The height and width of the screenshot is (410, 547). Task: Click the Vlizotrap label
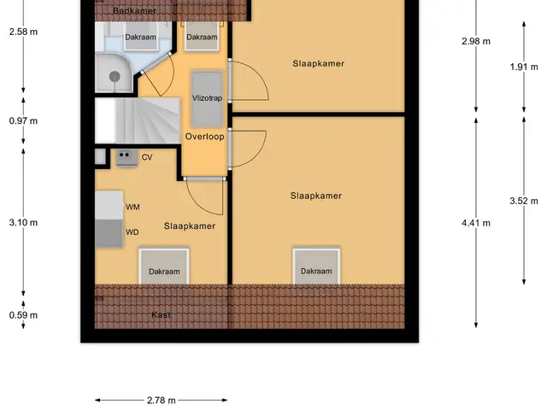pos(207,98)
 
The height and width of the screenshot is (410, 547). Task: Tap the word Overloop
pos(204,137)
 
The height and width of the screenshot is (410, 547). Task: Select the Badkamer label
pos(134,11)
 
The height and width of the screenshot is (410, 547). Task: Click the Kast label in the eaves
pos(162,315)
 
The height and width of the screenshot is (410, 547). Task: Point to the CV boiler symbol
pos(126,158)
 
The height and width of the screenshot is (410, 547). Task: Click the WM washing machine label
pos(132,207)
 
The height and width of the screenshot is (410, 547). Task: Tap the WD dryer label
pos(132,232)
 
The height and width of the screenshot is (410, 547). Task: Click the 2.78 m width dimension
pos(162,401)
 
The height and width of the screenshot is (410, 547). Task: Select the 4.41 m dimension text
pos(476,223)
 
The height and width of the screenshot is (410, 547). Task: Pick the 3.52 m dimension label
pos(524,201)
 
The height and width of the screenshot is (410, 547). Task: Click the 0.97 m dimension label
pos(23,121)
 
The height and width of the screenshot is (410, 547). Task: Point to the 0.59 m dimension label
pos(23,315)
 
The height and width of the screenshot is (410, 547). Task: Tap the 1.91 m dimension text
pos(524,67)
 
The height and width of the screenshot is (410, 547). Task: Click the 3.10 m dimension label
pos(23,222)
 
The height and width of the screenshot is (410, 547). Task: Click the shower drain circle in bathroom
pos(115,76)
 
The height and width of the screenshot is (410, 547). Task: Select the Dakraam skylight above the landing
pos(202,37)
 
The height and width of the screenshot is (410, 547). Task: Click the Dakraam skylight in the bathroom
pos(140,37)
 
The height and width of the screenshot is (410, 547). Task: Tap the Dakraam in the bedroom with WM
pos(164,266)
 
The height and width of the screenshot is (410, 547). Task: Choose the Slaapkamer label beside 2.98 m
pos(318,63)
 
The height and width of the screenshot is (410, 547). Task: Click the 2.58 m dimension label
pos(23,32)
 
